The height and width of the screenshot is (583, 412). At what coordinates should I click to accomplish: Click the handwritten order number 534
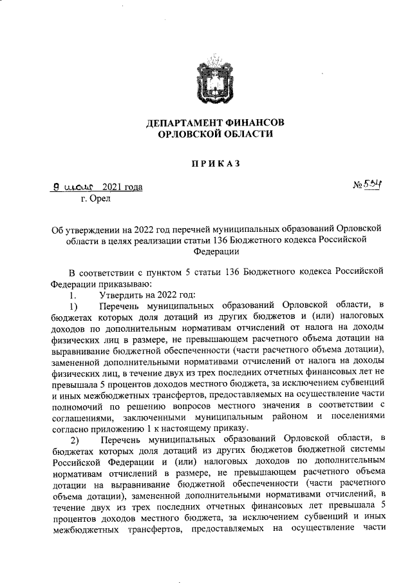coord(373,186)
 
